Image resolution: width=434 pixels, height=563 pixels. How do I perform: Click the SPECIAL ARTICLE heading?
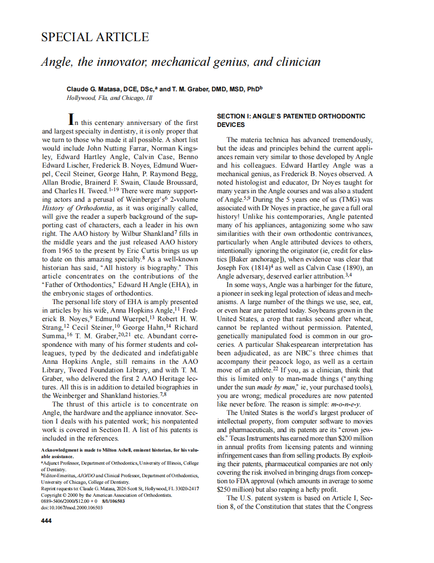(x=95, y=37)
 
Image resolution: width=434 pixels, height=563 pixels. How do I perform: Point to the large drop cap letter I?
(x=72, y=119)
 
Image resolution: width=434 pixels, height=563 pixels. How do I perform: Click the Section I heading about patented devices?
(x=291, y=120)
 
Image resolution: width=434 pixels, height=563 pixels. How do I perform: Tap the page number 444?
(x=46, y=520)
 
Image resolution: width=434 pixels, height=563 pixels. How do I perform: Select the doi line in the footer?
(x=72, y=507)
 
